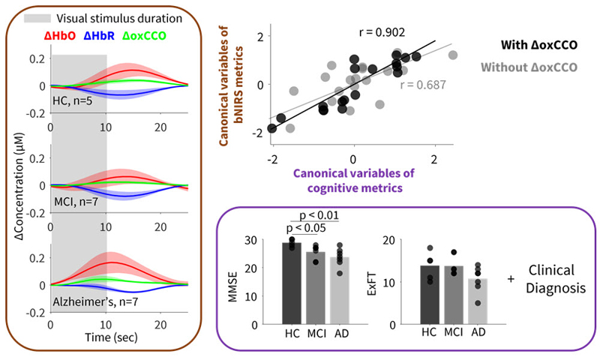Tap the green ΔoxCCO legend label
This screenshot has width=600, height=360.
[150, 35]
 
